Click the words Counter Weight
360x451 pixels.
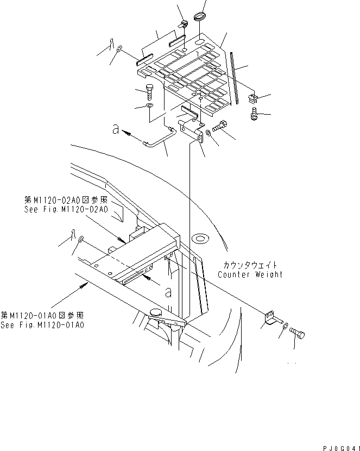click(250, 274)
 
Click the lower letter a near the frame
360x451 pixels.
click(168, 292)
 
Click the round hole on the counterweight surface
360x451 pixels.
click(200, 237)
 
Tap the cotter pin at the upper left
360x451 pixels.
click(110, 43)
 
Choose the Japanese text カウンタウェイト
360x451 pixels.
click(250, 265)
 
